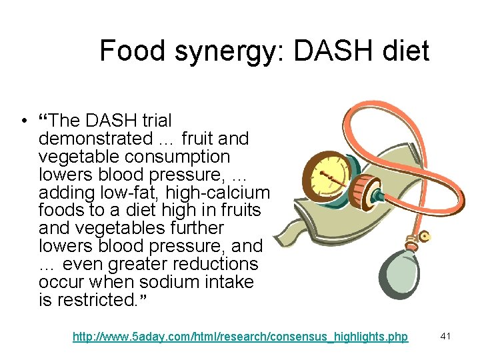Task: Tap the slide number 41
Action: (x=446, y=337)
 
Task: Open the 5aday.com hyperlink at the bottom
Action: (x=240, y=337)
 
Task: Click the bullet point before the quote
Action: (x=23, y=121)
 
